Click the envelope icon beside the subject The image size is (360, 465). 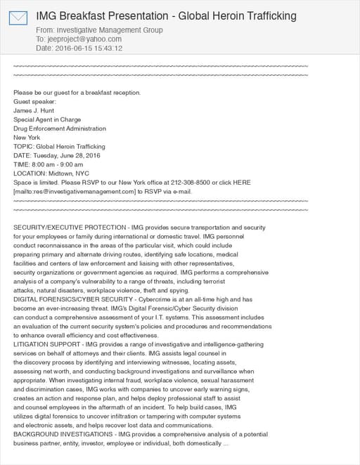click(x=18, y=18)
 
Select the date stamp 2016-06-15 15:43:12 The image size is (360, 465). click(x=88, y=48)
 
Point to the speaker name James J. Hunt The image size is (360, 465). click(x=34, y=111)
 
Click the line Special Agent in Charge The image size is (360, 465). click(x=47, y=120)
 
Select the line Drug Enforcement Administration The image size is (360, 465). click(x=60, y=129)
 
